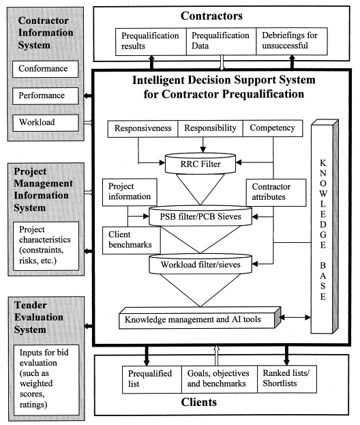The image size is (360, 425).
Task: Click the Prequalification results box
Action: click(x=150, y=41)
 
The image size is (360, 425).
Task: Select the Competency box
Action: click(x=272, y=128)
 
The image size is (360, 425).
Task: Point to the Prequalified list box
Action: click(x=153, y=379)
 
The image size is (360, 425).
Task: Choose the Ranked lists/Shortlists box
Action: click(x=286, y=379)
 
